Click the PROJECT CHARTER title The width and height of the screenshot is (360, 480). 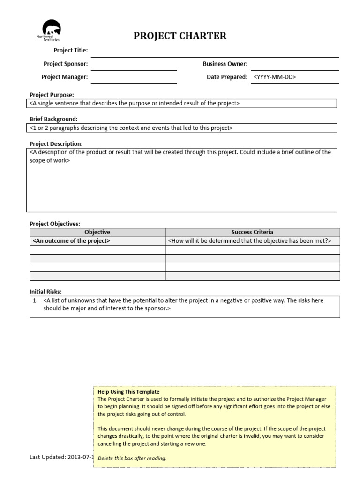[180, 36]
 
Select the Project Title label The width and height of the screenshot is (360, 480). [70, 51]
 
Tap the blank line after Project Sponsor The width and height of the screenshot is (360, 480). [134, 64]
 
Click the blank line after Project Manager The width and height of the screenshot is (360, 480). [134, 77]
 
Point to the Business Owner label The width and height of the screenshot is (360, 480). [225, 64]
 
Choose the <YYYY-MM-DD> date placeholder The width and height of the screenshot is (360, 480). [275, 77]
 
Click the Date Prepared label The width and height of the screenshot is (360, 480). [227, 77]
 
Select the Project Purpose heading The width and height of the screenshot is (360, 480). [52, 95]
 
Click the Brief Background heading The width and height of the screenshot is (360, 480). [53, 119]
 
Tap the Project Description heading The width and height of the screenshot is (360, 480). [56, 144]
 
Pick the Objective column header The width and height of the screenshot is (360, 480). [97, 232]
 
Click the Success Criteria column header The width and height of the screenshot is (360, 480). [252, 232]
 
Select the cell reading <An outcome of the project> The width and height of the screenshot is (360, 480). [71, 241]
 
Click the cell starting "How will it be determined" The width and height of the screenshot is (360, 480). [249, 241]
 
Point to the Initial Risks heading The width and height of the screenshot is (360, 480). [45, 292]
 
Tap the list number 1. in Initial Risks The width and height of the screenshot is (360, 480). [35, 300]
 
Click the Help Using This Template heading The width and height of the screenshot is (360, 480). [128, 392]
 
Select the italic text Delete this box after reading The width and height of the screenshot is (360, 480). [132, 458]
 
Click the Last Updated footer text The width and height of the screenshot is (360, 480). [62, 457]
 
